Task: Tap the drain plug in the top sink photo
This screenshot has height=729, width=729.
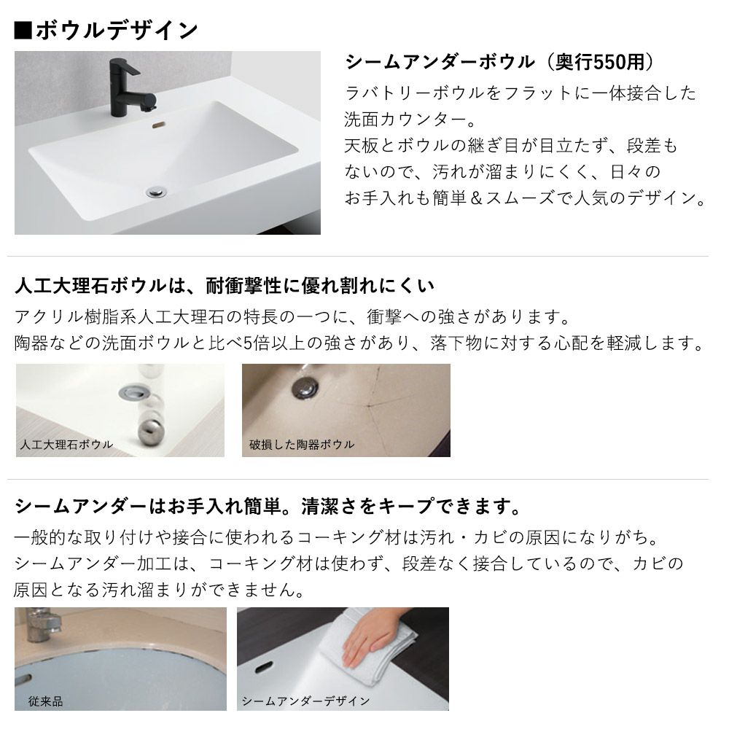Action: (x=156, y=191)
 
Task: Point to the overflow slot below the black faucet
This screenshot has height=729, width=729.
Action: (x=158, y=125)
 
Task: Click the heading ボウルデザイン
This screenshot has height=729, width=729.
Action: (x=117, y=31)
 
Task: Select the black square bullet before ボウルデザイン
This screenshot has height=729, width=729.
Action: (x=23, y=31)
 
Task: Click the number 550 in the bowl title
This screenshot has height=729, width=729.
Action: (x=604, y=62)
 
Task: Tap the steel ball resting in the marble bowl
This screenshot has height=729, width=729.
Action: (x=152, y=432)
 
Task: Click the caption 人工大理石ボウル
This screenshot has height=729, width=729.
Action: (x=66, y=445)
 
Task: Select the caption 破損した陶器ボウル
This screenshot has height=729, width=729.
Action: (x=302, y=445)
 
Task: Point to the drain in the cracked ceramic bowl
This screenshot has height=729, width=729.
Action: (x=305, y=387)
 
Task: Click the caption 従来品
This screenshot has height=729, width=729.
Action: (x=45, y=701)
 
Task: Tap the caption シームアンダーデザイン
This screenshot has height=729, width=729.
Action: (x=305, y=701)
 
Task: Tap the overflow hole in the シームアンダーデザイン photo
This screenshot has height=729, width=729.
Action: (x=264, y=668)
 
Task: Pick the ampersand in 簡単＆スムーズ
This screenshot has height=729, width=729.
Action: (x=475, y=198)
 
